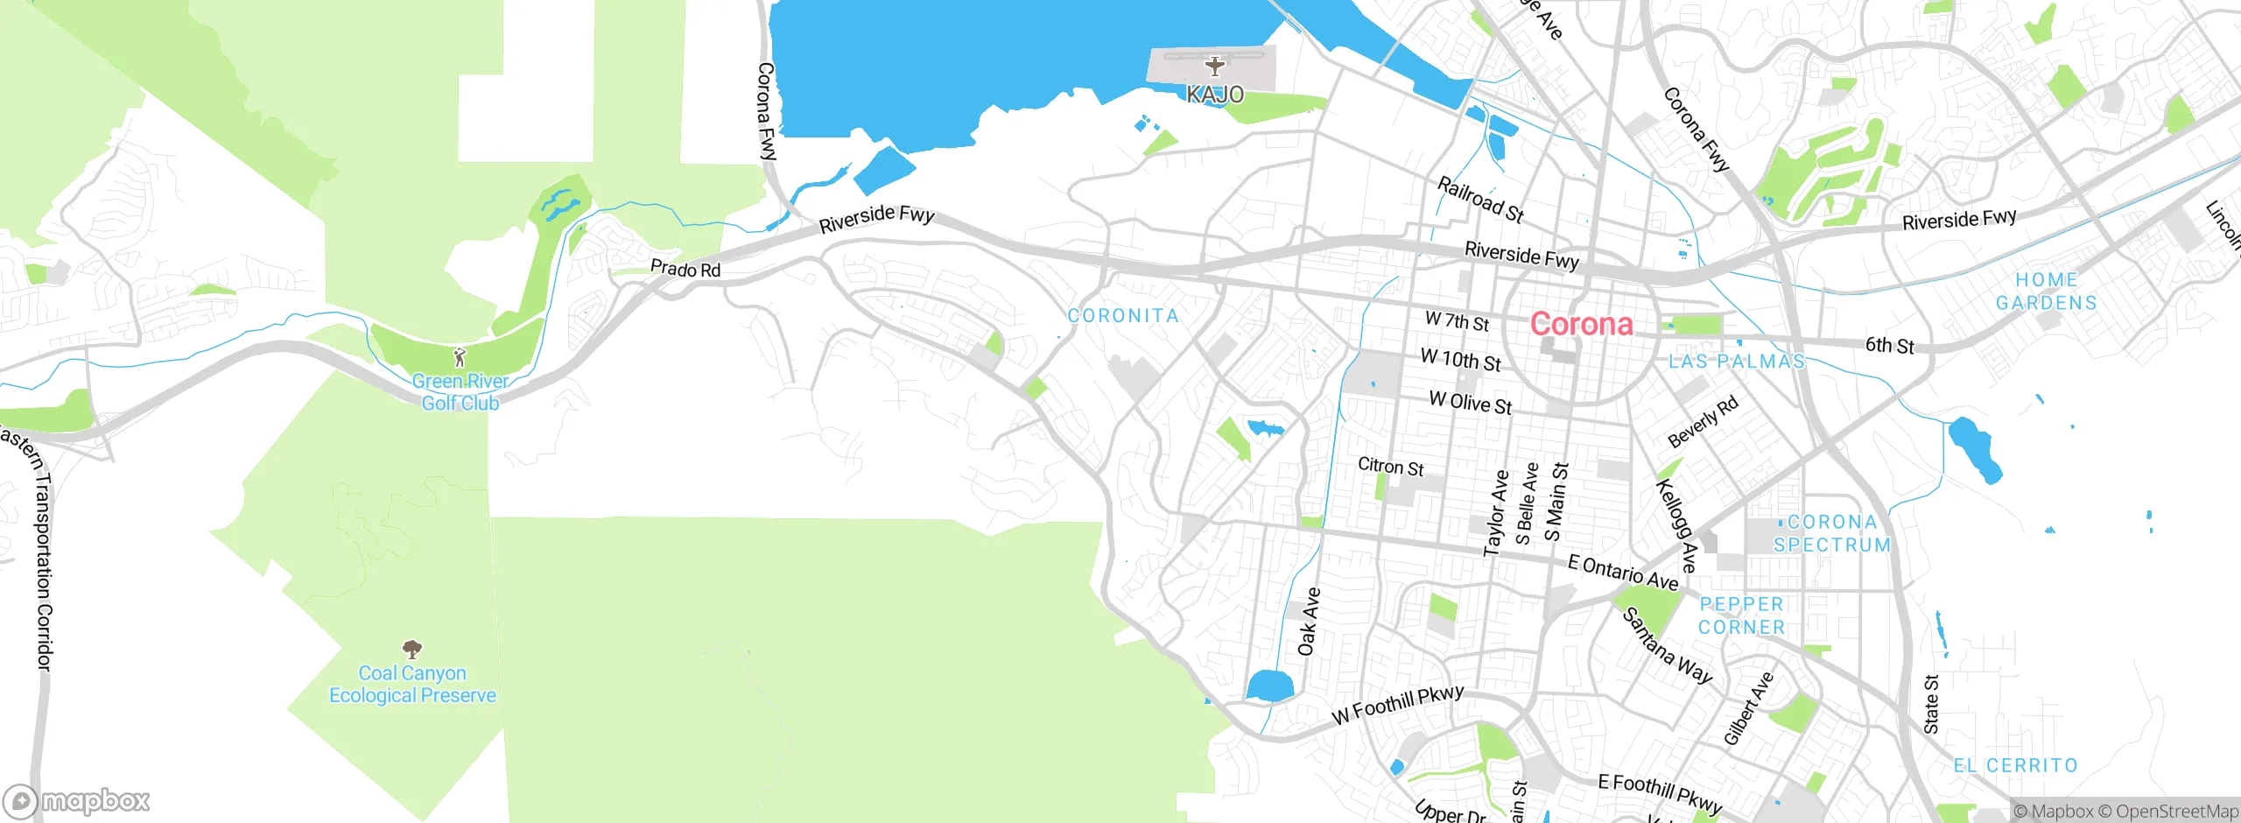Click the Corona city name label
tap(1581, 324)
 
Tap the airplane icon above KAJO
tap(1214, 65)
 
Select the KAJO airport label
tap(1214, 94)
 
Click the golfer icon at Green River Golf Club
tap(460, 357)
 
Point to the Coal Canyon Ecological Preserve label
tap(412, 684)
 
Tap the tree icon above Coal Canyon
tap(411, 649)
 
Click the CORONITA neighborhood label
tap(1123, 315)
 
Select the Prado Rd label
tap(685, 269)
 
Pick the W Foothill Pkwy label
tap(1397, 705)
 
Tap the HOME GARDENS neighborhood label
tap(2046, 292)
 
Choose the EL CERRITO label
tap(2015, 765)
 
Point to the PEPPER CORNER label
tap(1741, 615)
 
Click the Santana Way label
tap(1667, 645)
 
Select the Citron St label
tap(1390, 467)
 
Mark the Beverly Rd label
tap(1703, 422)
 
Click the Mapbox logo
tap(77, 800)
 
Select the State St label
tap(1931, 703)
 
